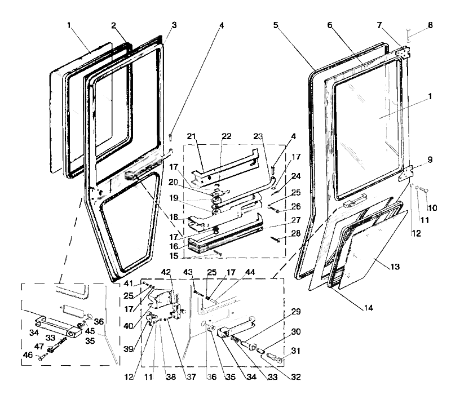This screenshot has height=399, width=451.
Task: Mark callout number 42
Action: pyautogui.click(x=166, y=272)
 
